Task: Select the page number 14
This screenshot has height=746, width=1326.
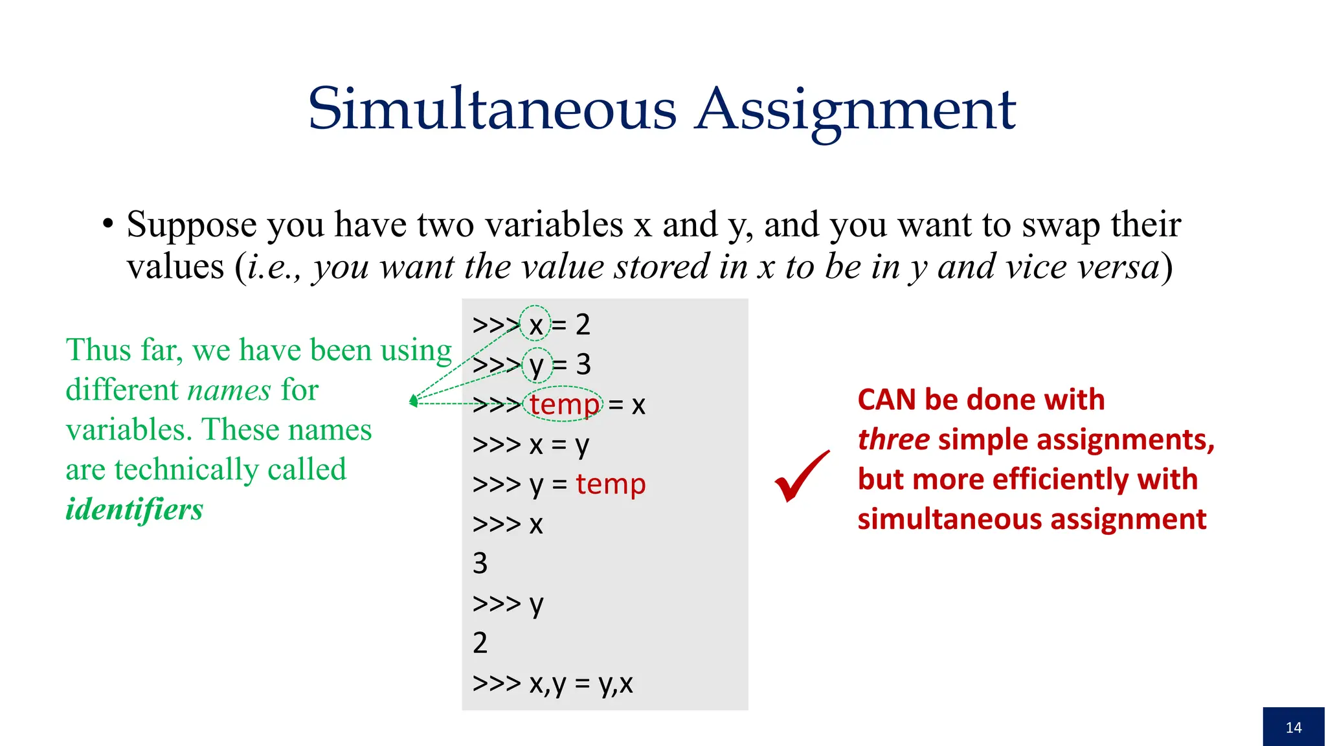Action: click(1294, 727)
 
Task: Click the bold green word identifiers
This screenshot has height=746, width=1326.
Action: click(135, 509)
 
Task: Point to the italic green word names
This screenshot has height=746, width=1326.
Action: click(229, 390)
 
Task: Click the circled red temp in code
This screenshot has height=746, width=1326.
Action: click(564, 405)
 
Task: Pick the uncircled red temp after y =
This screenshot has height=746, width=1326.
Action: click(611, 484)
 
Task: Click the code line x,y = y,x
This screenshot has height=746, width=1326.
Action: click(552, 683)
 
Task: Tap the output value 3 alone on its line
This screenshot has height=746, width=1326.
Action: click(480, 563)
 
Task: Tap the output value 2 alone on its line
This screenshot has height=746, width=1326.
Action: click(480, 643)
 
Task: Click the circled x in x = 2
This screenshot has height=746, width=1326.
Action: click(535, 325)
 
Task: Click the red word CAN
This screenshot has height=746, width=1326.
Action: click(887, 400)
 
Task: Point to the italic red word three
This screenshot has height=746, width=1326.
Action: click(893, 440)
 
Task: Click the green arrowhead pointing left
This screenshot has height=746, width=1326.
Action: click(413, 401)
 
